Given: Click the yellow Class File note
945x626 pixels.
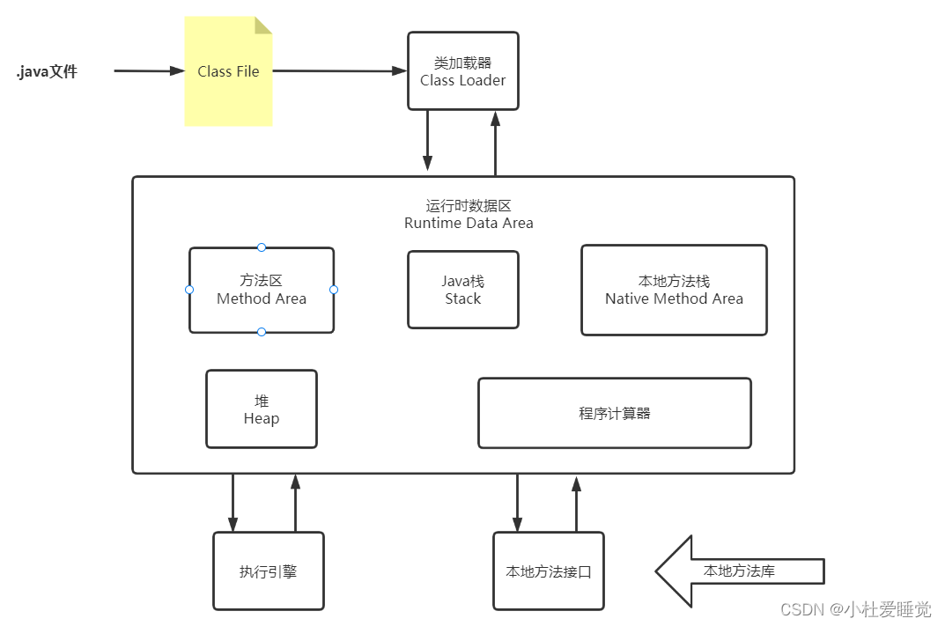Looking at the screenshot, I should pyautogui.click(x=228, y=72).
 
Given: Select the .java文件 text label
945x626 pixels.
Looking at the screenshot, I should pyautogui.click(x=48, y=72).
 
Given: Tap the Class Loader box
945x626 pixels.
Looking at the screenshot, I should pyautogui.click(x=462, y=71).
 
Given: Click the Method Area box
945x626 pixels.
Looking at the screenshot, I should pyautogui.click(x=262, y=290).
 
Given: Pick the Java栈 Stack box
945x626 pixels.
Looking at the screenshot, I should pyautogui.click(x=462, y=290).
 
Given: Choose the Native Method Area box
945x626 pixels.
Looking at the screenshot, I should pyautogui.click(x=674, y=290).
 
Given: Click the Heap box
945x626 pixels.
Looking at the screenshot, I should pyautogui.click(x=261, y=409).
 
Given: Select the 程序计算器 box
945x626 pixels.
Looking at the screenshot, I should pyautogui.click(x=614, y=413).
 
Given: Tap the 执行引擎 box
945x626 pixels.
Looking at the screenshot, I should pyautogui.click(x=268, y=571).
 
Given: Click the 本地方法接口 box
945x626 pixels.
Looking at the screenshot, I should pyautogui.click(x=548, y=571).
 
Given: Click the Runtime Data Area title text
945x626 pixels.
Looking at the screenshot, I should pyautogui.click(x=469, y=214).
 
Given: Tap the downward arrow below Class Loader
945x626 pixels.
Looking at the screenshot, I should pyautogui.click(x=427, y=141).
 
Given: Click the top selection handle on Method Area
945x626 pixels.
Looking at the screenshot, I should pyautogui.click(x=262, y=247).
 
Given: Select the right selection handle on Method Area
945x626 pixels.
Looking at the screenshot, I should pyautogui.click(x=334, y=290).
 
